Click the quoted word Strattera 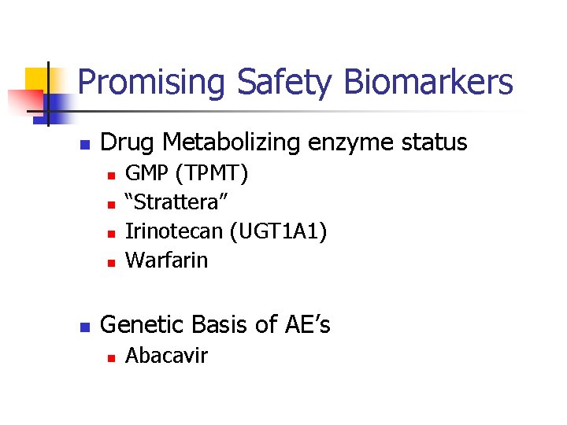click(x=177, y=202)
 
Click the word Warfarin click(x=167, y=259)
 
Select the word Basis click(x=225, y=323)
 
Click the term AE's click(x=306, y=323)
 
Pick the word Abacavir click(x=167, y=356)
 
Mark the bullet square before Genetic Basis click(x=87, y=326)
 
